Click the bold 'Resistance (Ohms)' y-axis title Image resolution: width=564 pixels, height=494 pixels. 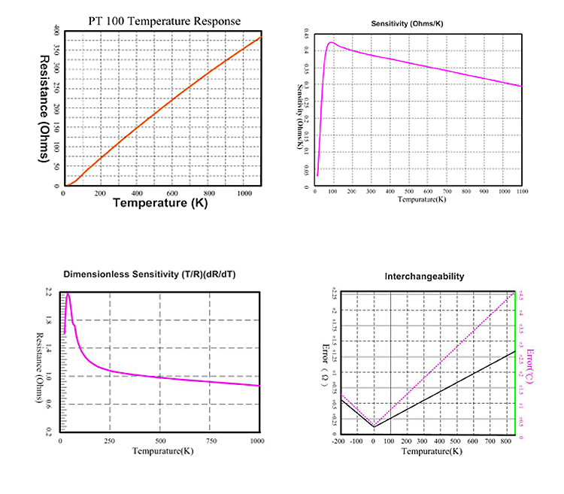(45, 109)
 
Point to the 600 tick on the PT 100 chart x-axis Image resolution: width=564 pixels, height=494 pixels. (174, 192)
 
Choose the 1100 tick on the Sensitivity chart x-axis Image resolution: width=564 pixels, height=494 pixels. (520, 192)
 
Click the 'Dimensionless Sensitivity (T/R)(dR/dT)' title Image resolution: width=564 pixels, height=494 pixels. (150, 276)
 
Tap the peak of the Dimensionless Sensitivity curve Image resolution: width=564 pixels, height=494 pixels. (68, 294)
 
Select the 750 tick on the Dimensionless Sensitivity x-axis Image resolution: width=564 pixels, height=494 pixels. (209, 441)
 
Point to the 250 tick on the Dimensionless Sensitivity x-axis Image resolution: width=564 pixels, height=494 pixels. (111, 441)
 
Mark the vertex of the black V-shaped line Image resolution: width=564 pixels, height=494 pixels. (374, 427)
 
